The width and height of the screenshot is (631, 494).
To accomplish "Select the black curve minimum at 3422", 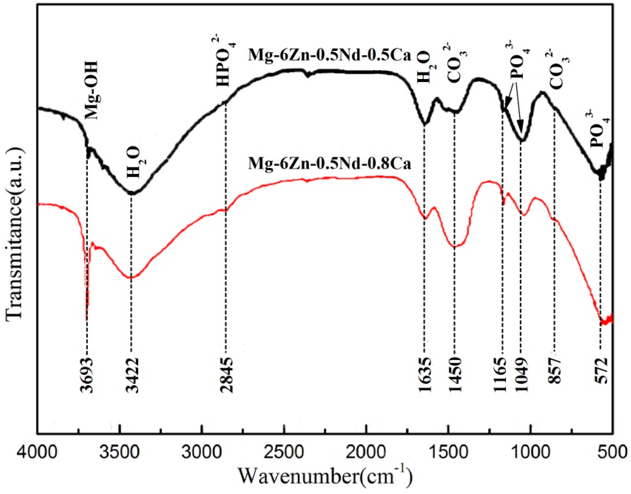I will point(132,193).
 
